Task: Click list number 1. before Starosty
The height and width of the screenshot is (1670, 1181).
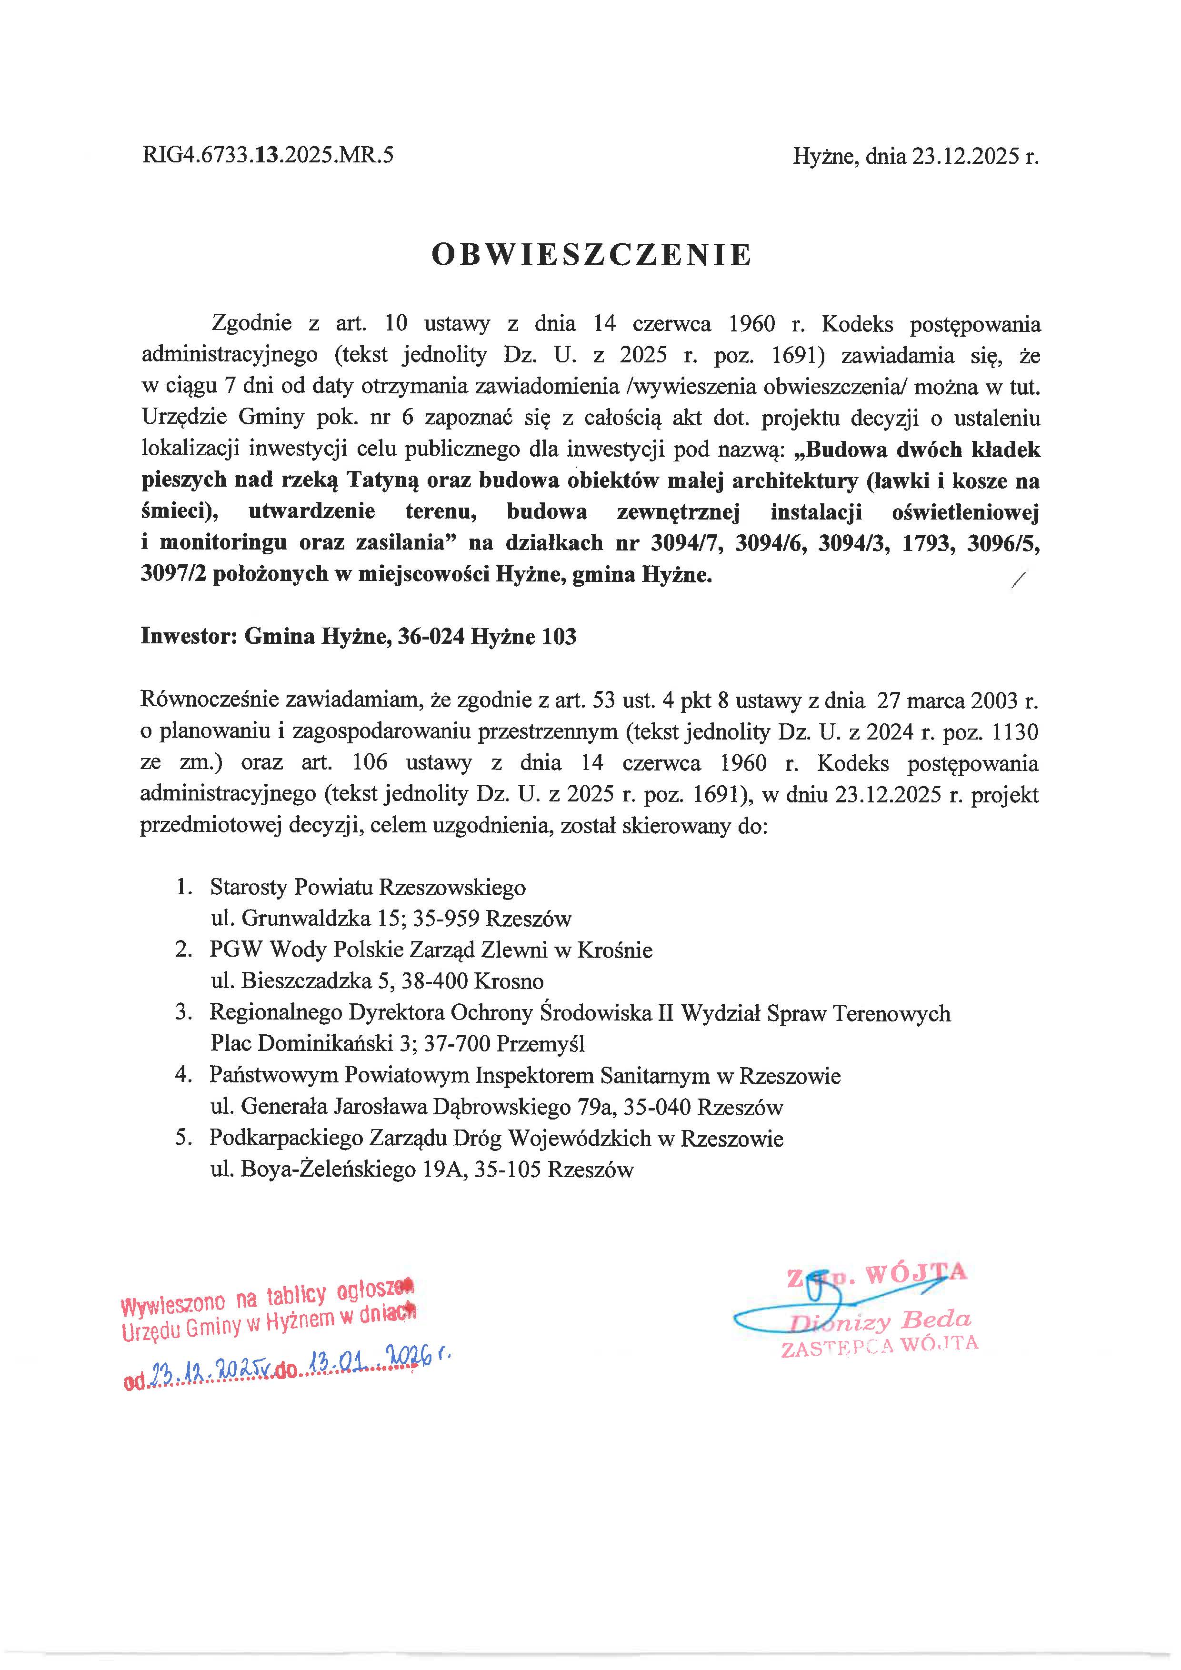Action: click(184, 887)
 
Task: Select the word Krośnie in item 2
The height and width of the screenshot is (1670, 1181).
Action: click(614, 950)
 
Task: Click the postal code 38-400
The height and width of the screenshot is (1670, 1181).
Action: click(433, 981)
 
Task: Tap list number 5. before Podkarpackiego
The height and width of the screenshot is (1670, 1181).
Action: click(183, 1138)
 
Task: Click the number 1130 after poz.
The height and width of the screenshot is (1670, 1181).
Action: click(1014, 732)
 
